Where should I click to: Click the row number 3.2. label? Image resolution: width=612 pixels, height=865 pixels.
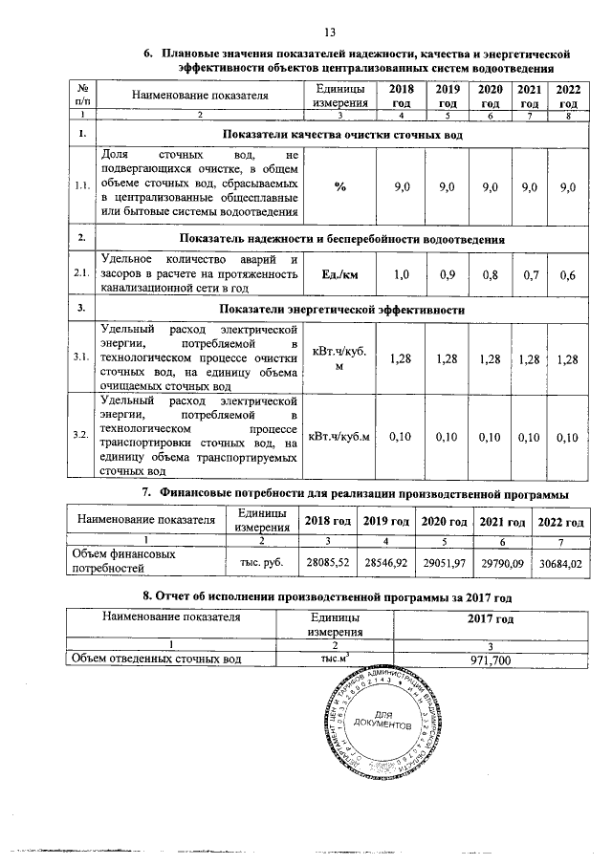pyautogui.click(x=81, y=436)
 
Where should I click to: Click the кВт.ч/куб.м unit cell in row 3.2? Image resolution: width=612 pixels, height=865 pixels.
pyautogui.click(x=340, y=436)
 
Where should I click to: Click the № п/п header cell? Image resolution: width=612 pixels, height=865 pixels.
pyautogui.click(x=81, y=96)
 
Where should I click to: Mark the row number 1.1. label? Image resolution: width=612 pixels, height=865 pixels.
pyautogui.click(x=81, y=187)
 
